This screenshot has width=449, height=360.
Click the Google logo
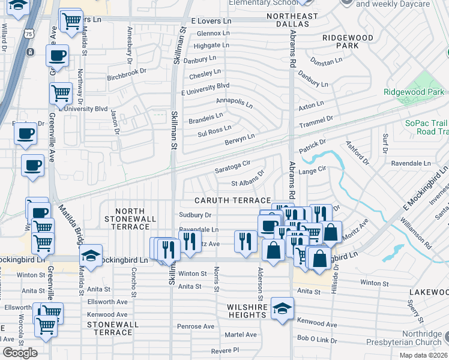point(20,353)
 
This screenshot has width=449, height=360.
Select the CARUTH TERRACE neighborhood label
point(232,200)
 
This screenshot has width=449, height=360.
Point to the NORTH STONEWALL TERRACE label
point(130,219)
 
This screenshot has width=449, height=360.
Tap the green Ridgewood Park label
point(414,92)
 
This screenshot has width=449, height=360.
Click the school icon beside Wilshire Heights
point(282,310)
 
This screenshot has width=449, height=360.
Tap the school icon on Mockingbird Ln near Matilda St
point(90,256)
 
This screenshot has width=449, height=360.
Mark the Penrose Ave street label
point(196,326)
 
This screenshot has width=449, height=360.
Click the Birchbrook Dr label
point(127,71)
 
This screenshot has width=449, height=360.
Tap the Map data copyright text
point(423,355)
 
